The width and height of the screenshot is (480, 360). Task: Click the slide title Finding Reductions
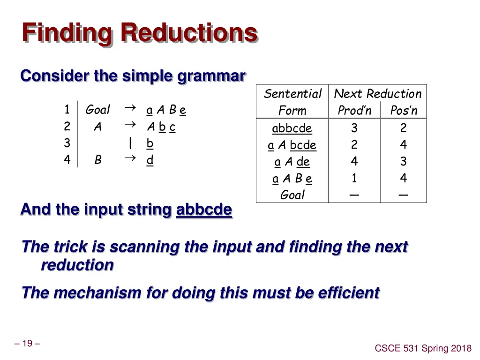tap(140, 34)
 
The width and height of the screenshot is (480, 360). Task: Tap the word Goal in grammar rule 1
tap(97, 110)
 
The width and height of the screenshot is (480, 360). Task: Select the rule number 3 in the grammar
tap(67, 143)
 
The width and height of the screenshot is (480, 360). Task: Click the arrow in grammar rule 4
tap(130, 159)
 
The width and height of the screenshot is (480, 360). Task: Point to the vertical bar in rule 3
tap(130, 143)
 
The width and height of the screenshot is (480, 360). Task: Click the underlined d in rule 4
tap(150, 160)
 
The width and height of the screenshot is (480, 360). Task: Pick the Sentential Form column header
tap(292, 102)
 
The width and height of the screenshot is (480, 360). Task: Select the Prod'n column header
tap(354, 111)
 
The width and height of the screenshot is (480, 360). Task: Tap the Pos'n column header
tap(404, 111)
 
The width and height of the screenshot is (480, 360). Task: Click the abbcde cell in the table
tap(292, 128)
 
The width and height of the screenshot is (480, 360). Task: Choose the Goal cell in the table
tap(292, 195)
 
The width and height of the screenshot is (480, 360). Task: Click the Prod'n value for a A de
tap(354, 162)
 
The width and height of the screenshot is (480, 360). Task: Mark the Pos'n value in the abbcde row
tap(404, 128)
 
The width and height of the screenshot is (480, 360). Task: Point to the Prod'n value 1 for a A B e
tap(354, 179)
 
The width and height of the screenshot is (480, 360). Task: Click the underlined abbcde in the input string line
tap(204, 210)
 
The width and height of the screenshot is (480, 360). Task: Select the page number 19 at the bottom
tap(27, 344)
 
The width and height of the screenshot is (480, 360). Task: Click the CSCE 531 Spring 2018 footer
tap(423, 348)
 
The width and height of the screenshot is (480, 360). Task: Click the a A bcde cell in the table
tap(292, 145)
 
